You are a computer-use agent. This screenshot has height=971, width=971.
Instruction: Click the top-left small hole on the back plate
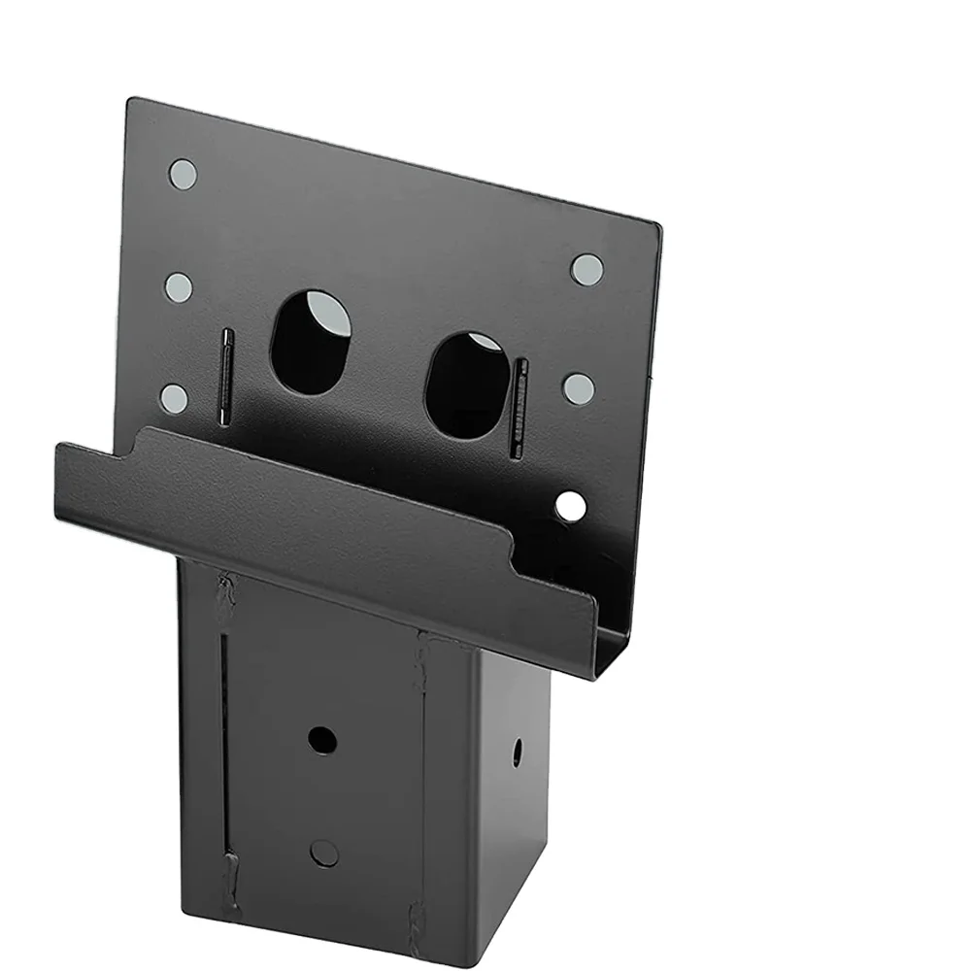(x=183, y=174)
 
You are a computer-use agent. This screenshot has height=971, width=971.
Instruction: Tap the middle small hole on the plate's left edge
(x=179, y=286)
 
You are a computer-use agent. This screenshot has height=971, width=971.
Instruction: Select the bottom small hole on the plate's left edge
(x=174, y=398)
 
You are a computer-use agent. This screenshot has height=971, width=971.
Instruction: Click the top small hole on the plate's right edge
(x=586, y=269)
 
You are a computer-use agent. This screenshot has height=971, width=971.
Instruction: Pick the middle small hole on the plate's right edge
(x=579, y=388)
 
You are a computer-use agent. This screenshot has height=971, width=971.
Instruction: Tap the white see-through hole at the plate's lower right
(x=571, y=505)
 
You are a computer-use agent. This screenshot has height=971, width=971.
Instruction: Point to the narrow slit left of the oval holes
(x=225, y=377)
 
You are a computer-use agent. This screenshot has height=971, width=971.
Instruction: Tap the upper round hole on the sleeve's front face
(x=322, y=740)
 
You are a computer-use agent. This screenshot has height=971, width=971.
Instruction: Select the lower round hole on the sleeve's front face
(x=324, y=854)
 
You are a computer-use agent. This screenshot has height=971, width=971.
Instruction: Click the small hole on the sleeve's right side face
(x=517, y=752)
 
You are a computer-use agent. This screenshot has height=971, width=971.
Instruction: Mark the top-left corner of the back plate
(x=131, y=100)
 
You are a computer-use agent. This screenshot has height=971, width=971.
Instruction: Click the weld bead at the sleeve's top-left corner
(x=225, y=594)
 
